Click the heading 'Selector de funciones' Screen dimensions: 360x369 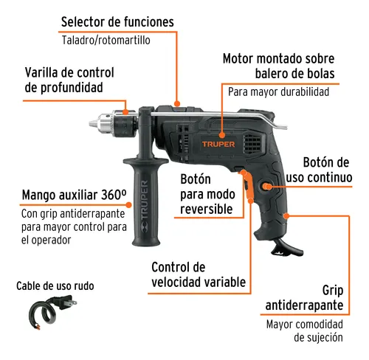tap(117, 22)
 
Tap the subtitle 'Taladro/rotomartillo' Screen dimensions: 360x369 tap(106, 41)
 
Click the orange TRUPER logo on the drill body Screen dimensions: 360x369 tap(215, 144)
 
